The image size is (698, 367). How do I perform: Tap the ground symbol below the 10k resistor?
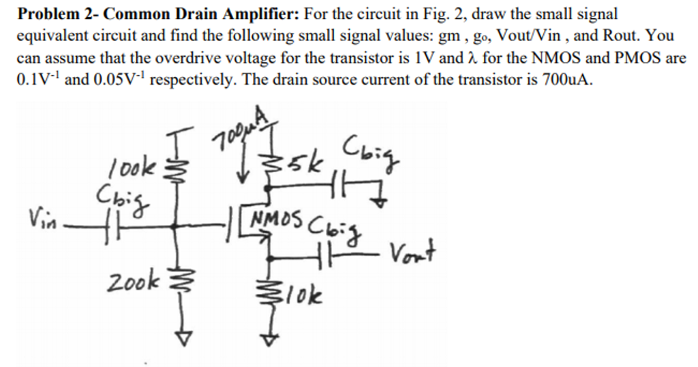(271, 338)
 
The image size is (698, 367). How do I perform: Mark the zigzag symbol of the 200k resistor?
(181, 281)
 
